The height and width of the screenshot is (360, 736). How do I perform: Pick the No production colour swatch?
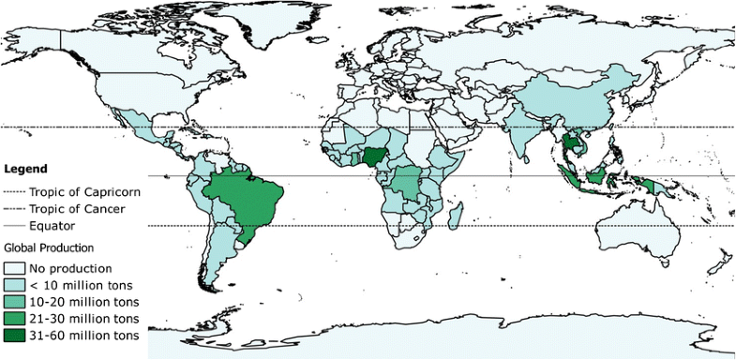(15, 266)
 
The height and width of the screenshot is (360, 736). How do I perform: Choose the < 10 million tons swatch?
(15, 283)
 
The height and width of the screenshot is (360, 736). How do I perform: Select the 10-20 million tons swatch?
(15, 301)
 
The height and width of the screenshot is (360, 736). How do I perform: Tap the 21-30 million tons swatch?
(15, 318)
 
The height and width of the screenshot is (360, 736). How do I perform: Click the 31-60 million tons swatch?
(15, 335)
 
